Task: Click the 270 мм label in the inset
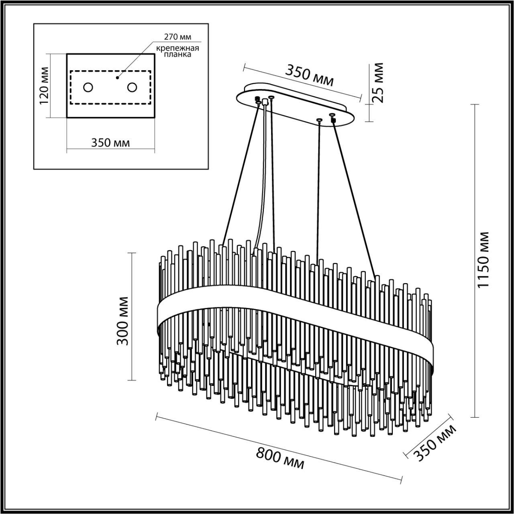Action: pos(177,37)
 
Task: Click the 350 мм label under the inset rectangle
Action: pos(110,143)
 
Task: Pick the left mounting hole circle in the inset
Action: pos(88,87)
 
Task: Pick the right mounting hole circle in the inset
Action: pos(132,87)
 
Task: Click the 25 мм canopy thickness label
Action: pos(378,83)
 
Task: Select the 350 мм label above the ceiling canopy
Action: pos(309,75)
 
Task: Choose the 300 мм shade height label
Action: pos(122,321)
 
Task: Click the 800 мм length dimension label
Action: pos(280,458)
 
